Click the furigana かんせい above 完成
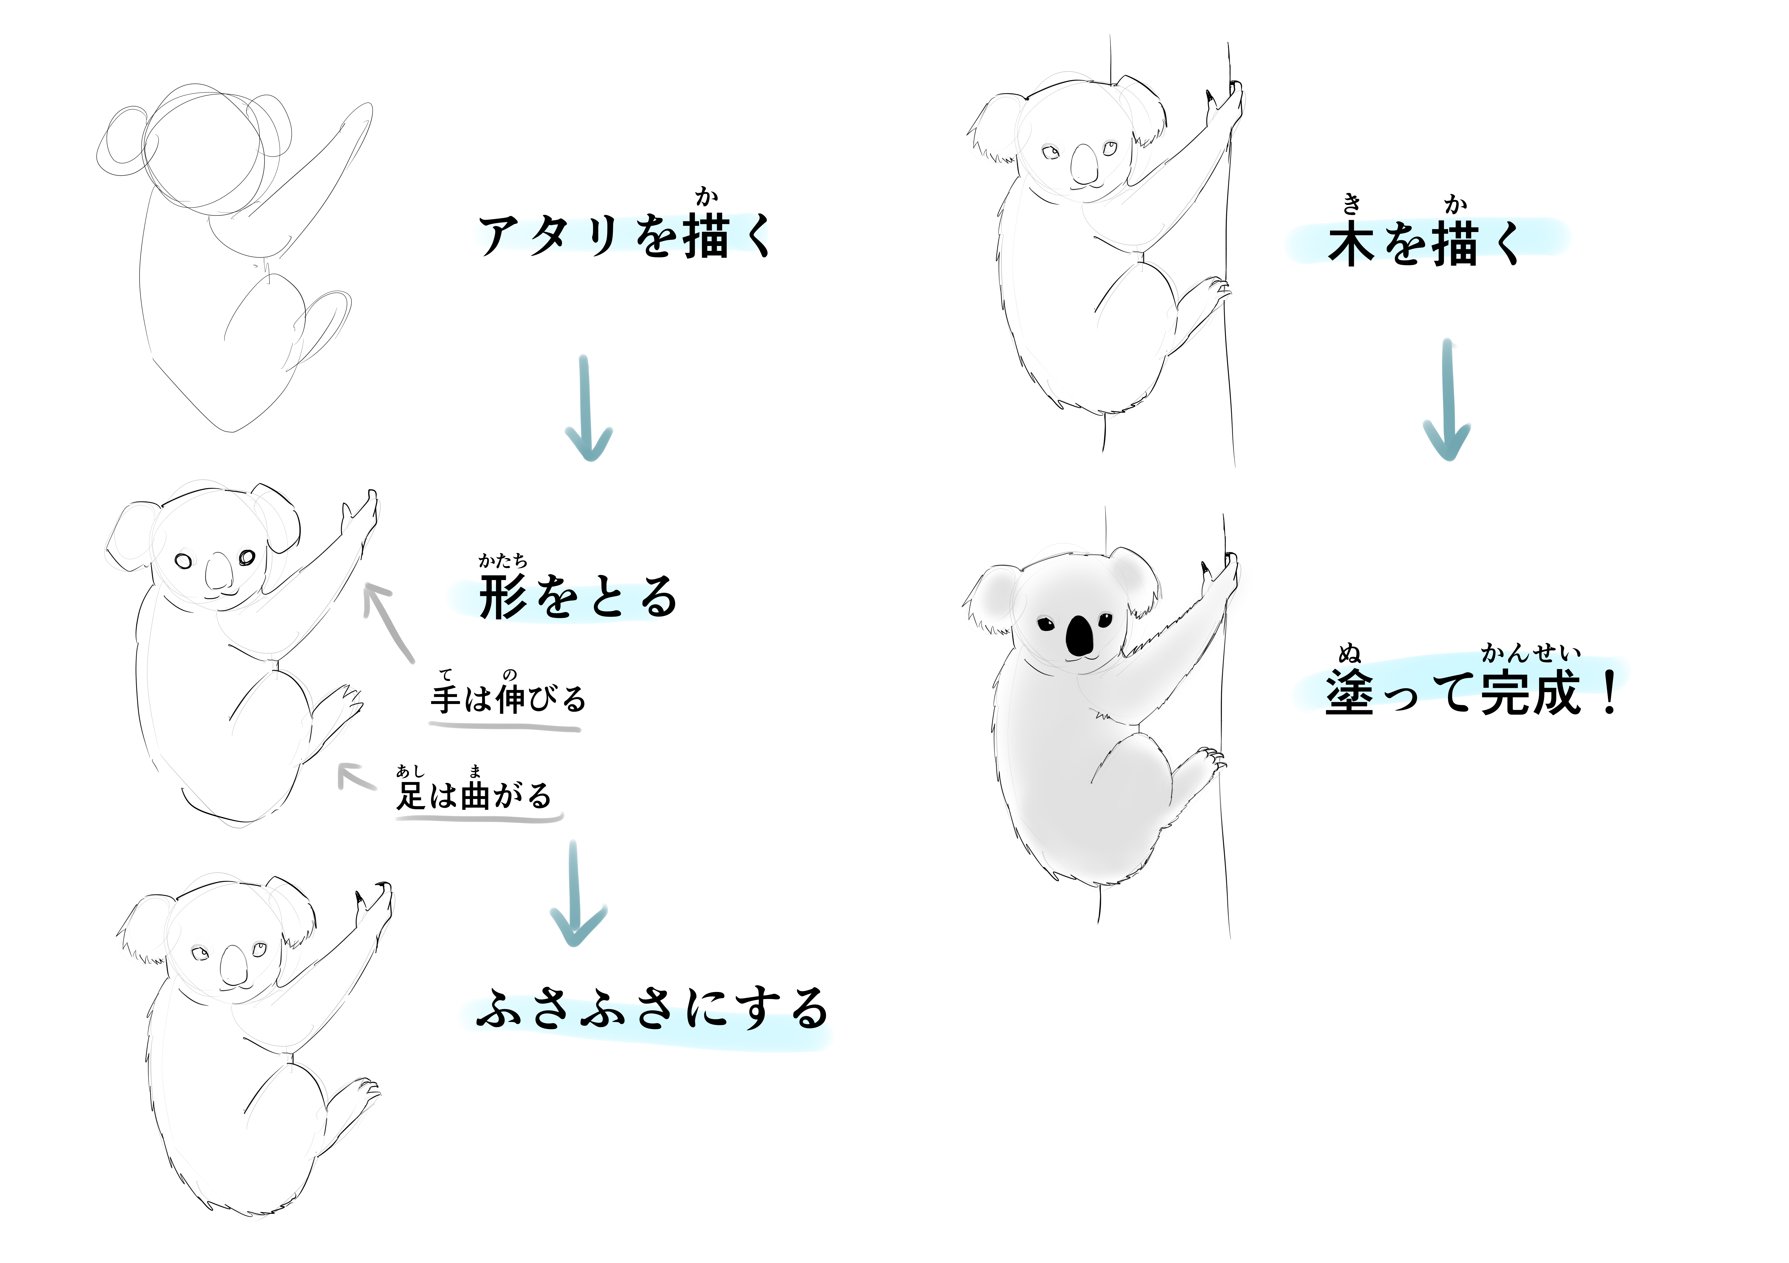click(x=1531, y=653)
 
